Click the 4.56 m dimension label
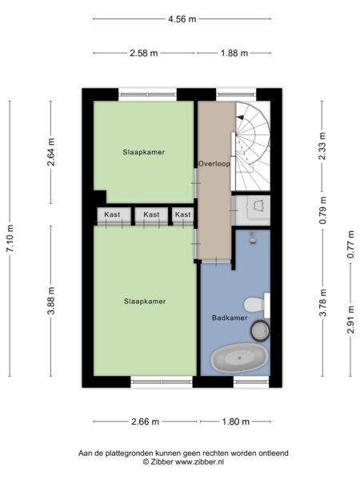click(x=182, y=19)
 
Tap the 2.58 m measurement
click(x=143, y=54)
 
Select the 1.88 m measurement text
click(x=234, y=54)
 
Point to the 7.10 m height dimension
click(x=10, y=238)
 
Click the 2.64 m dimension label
click(x=51, y=152)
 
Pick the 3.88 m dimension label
click(x=51, y=301)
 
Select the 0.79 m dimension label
click(x=322, y=210)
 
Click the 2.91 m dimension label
click(x=351, y=320)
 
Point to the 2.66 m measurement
click(x=145, y=422)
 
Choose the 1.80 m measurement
click(x=235, y=422)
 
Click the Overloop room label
click(x=214, y=164)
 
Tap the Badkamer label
click(x=230, y=318)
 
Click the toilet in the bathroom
click(x=257, y=306)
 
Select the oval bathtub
click(x=239, y=358)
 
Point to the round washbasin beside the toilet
click(x=260, y=330)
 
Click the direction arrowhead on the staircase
click(x=240, y=118)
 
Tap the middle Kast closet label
click(x=151, y=214)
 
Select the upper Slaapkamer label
click(x=143, y=152)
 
